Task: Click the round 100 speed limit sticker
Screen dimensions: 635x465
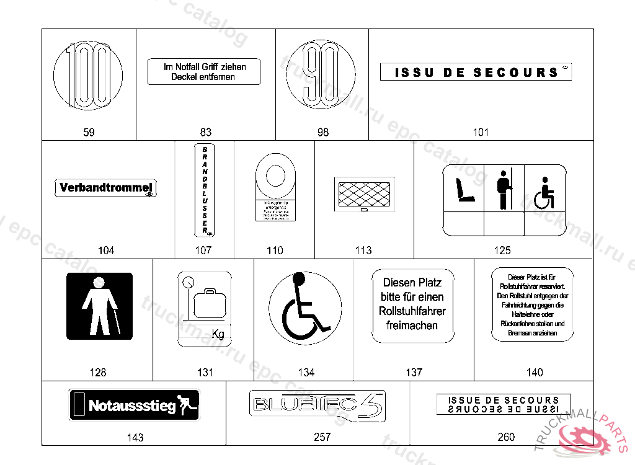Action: (x=88, y=76)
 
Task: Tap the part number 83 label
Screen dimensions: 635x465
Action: (x=206, y=132)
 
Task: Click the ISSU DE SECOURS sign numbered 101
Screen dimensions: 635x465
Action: (x=476, y=72)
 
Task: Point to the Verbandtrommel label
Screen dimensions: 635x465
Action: (x=107, y=188)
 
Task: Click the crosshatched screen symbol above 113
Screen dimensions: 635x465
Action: (x=364, y=194)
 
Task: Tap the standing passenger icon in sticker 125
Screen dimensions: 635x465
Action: (x=504, y=188)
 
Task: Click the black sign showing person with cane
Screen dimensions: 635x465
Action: (x=99, y=306)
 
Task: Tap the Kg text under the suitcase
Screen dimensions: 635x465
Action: (x=218, y=334)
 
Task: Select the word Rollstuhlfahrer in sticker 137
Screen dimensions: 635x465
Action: (x=412, y=311)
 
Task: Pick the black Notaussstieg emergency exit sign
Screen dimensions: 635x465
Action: (x=134, y=405)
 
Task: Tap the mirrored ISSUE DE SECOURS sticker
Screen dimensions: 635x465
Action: (x=503, y=405)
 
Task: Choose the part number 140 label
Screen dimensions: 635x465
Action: (x=535, y=372)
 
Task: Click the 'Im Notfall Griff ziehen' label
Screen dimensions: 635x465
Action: (x=204, y=72)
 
